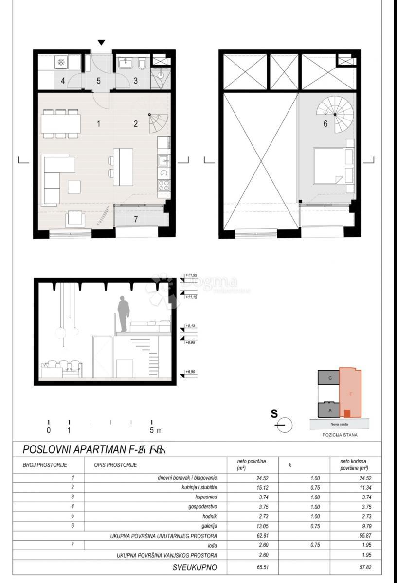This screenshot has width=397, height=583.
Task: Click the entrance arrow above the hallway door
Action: [x=101, y=43]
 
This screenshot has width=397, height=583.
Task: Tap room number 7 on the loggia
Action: [x=136, y=219]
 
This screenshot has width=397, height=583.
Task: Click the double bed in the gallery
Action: [x=328, y=166]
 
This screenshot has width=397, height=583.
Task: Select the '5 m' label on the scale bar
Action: [x=156, y=430]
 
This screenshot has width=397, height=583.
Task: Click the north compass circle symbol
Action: [x=285, y=425]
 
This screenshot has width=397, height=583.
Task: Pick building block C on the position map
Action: [x=330, y=378]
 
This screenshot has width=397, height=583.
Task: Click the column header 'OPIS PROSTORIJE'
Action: [x=115, y=465]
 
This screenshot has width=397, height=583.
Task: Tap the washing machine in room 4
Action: [x=61, y=62]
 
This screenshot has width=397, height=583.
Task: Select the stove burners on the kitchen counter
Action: [x=164, y=185]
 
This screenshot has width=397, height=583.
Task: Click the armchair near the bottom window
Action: [x=76, y=219]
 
